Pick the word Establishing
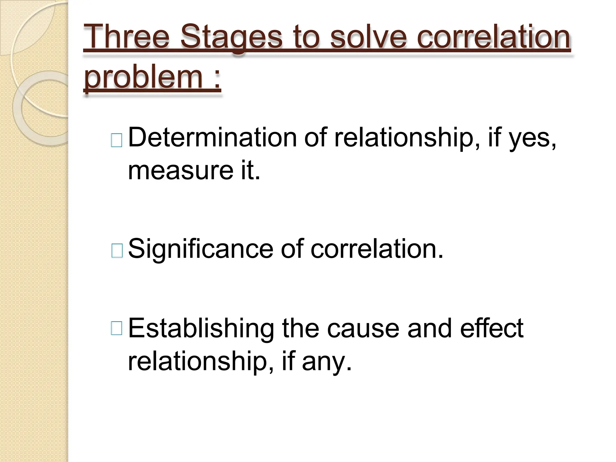201,329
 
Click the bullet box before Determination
117,140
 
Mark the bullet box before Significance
117,251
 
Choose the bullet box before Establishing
117,328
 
